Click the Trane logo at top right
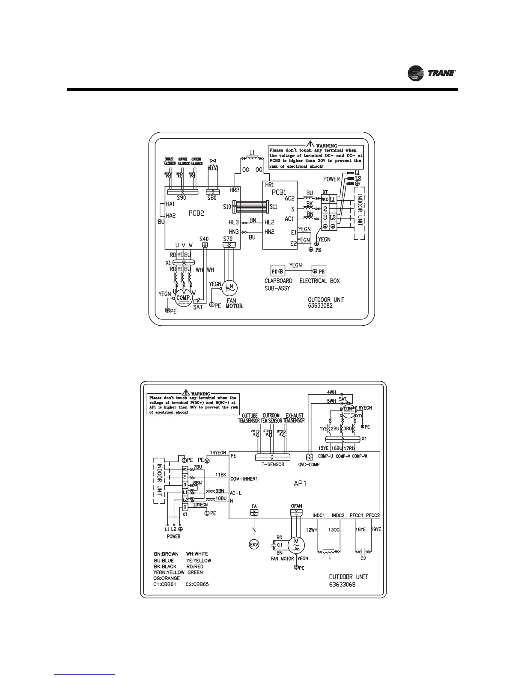(x=432, y=74)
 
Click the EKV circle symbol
(x=254, y=544)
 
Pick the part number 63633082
(x=320, y=306)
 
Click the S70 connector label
(x=228, y=238)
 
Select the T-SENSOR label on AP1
(x=273, y=464)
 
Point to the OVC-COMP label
(x=309, y=464)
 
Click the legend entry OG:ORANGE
(x=167, y=578)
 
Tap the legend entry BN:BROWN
(x=166, y=554)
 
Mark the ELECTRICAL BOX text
(x=319, y=281)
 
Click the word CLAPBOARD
(x=278, y=281)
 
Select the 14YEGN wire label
(x=218, y=452)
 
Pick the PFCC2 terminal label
(x=373, y=515)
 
